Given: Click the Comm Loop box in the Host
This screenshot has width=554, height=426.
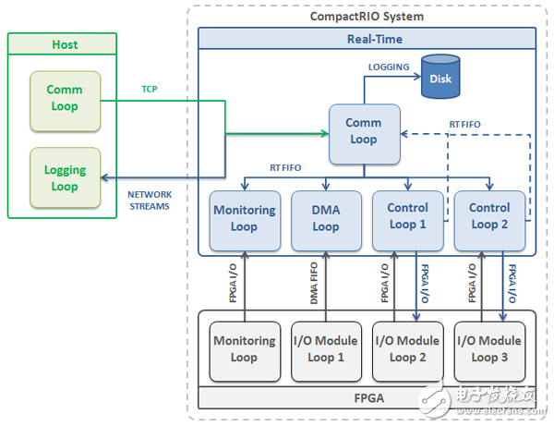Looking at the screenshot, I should pos(65,98).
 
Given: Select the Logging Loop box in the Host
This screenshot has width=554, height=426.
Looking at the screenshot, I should pos(65,177).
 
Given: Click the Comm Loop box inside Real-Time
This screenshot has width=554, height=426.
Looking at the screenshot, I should pos(363,132).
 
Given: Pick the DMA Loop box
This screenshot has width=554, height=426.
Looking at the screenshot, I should pos(326,219).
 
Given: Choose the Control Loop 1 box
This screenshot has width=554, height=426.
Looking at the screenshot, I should pos(407,219).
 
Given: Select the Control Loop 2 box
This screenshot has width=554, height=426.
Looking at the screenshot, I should pos(488,219).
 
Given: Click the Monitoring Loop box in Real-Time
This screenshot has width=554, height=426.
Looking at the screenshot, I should pos(245,219).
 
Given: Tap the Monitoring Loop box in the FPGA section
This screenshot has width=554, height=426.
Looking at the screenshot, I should pos(245,349).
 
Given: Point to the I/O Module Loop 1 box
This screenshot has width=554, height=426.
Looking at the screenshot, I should pos(326,349).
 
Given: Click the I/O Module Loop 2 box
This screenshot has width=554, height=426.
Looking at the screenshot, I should pos(407,349).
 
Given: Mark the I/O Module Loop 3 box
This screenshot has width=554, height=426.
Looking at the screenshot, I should pos(488,349).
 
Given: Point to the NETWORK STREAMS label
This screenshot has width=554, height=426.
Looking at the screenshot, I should pos(149,201).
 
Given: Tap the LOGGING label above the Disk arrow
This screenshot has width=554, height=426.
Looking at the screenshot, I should pos(389,67).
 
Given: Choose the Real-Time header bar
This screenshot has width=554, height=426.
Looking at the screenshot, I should pos(367,38).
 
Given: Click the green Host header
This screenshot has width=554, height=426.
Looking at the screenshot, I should pos(65,44).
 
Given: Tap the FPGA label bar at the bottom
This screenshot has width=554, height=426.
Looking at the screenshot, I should pos(367,400).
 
